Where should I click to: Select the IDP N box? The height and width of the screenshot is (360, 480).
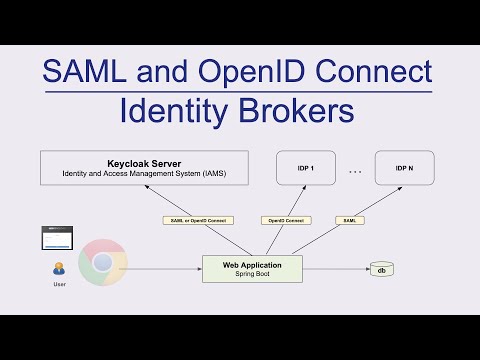point(404,168)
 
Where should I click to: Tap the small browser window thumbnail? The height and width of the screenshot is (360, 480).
point(59,238)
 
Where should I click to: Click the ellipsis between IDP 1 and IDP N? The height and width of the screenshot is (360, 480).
point(355,171)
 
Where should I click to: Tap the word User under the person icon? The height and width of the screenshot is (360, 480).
point(59,285)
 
